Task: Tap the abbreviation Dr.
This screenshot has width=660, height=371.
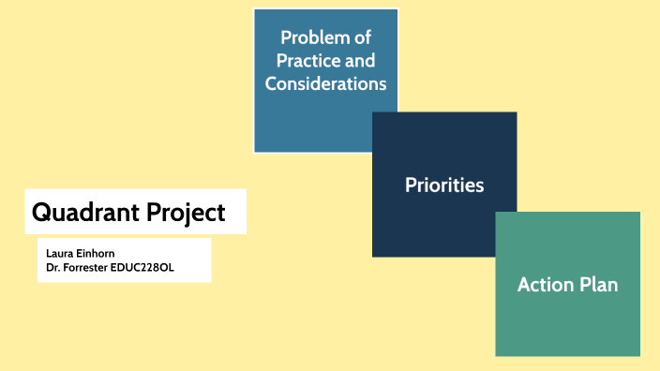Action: (x=52, y=267)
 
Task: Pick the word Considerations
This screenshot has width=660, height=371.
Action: (x=325, y=83)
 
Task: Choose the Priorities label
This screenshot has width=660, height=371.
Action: (x=444, y=185)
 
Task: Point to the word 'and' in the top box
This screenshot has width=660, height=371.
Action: (x=359, y=61)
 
